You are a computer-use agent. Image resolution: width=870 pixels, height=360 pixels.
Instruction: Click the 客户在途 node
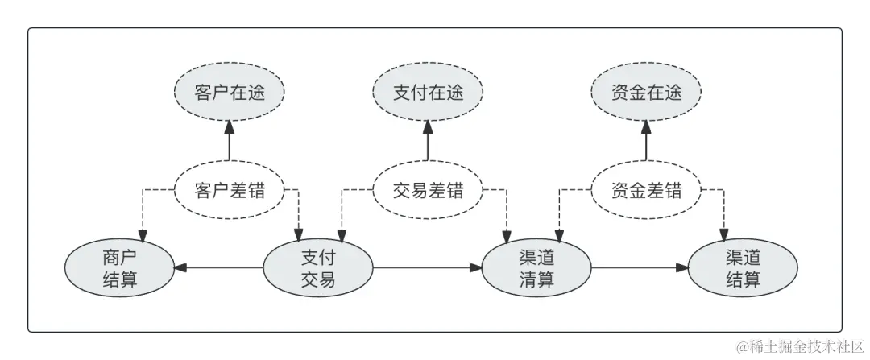coord(229,93)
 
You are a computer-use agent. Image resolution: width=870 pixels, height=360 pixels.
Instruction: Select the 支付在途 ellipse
coord(429,93)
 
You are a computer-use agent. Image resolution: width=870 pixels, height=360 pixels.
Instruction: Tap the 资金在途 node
coord(646,93)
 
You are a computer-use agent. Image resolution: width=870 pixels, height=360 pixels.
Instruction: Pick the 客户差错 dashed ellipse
coord(229,191)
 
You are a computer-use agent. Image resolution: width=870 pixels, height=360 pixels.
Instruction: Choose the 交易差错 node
coord(429,191)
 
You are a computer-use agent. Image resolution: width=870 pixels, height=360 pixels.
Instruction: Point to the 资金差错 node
coord(646,191)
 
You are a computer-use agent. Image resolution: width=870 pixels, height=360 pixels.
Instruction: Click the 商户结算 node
coord(121,268)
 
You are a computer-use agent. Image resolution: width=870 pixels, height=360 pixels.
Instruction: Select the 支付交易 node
coord(318,268)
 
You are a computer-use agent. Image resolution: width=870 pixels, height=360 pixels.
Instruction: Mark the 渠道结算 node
coord(742,268)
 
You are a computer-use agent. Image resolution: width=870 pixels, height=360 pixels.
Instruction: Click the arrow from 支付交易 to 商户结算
coord(219,268)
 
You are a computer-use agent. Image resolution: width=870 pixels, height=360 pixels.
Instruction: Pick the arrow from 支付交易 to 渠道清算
coord(427,268)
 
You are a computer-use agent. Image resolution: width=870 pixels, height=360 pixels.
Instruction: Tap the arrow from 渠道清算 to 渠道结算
coord(640,268)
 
